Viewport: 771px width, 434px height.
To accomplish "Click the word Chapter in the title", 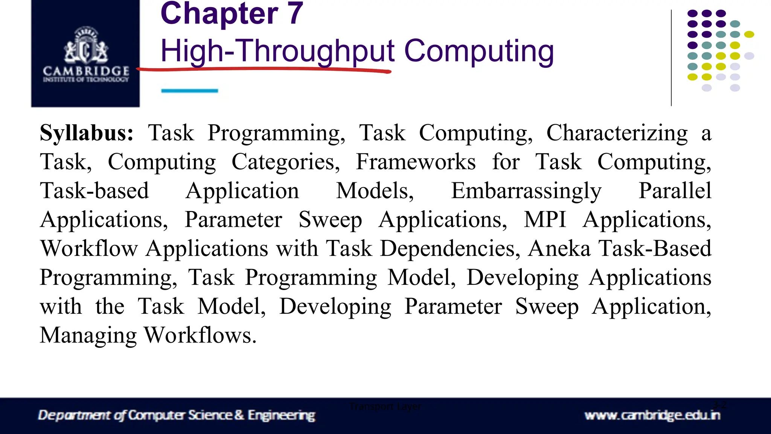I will click(219, 14).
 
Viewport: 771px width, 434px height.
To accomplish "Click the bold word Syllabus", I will click(87, 133).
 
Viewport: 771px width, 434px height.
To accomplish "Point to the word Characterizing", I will click(617, 133).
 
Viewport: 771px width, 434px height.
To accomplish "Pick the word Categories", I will click(285, 162).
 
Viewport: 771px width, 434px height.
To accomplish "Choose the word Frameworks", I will click(416, 162).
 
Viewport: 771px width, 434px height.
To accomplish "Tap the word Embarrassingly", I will click(526, 191).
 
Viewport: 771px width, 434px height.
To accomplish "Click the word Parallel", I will click(675, 191).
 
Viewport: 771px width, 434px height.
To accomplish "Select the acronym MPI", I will click(545, 220).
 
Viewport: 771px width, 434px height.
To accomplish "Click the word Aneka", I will click(559, 249).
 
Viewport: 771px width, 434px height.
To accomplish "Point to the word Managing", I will click(88, 336).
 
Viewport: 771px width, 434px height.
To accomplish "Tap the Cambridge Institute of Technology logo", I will click(86, 53).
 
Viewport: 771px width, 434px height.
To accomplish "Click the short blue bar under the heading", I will click(189, 91).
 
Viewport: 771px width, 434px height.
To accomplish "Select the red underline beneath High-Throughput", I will click(264, 69).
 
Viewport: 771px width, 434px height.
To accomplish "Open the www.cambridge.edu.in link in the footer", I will click(652, 416).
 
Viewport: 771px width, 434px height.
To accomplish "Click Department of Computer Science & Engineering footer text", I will click(177, 415).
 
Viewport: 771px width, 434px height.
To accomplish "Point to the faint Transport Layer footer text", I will click(385, 406).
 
